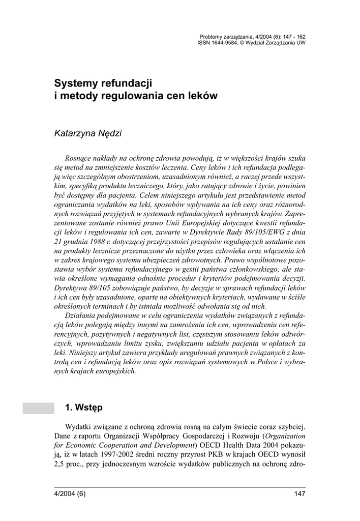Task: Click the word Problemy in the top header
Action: (x=211, y=37)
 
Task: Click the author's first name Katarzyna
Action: (x=76, y=133)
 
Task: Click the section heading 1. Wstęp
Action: (x=84, y=407)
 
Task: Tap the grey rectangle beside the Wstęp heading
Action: (x=38, y=408)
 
